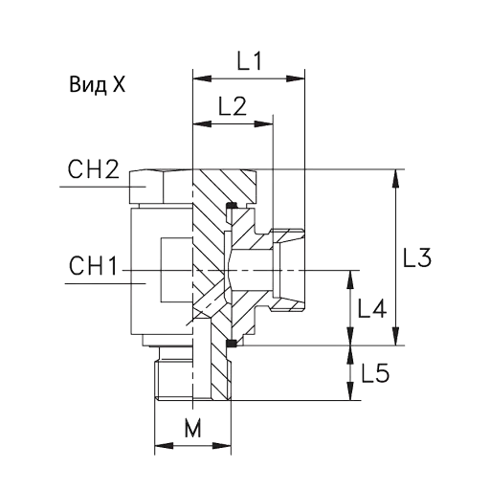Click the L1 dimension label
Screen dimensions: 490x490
click(x=250, y=61)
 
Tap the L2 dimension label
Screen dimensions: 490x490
click(x=233, y=106)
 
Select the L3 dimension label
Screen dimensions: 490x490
click(x=417, y=257)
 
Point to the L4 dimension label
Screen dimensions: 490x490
click(x=372, y=308)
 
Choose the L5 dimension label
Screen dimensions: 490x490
click(x=375, y=373)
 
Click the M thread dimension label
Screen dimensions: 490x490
click(x=193, y=428)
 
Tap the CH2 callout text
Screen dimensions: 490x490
click(x=93, y=169)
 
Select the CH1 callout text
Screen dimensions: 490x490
click(x=93, y=266)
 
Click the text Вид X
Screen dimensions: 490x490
click(x=98, y=85)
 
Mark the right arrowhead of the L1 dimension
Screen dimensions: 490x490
click(x=296, y=78)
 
